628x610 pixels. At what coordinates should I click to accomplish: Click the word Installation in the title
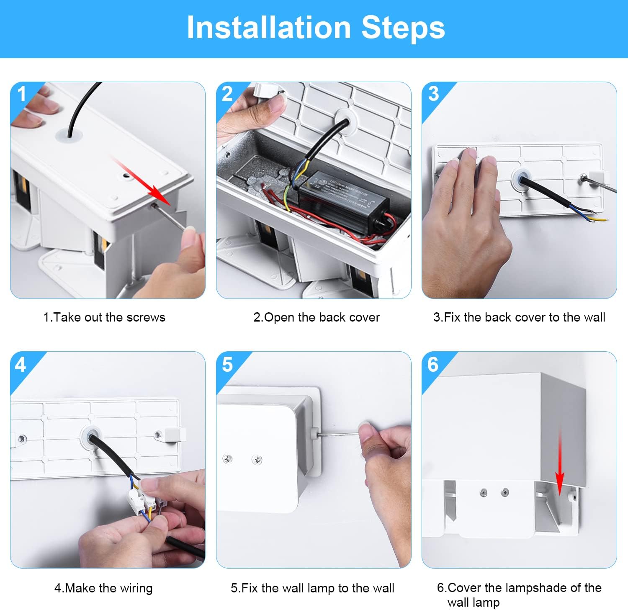268,28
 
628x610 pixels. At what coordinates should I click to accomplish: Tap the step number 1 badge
22,94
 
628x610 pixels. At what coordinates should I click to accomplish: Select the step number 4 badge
20,365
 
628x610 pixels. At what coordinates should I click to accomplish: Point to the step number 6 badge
432,365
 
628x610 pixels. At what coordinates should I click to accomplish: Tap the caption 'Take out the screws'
104,317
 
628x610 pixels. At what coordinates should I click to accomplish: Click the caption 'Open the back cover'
317,317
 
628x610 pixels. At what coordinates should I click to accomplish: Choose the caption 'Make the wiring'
103,588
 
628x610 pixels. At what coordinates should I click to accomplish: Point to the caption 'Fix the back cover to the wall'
519,317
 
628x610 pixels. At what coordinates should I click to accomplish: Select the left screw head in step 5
228,459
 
